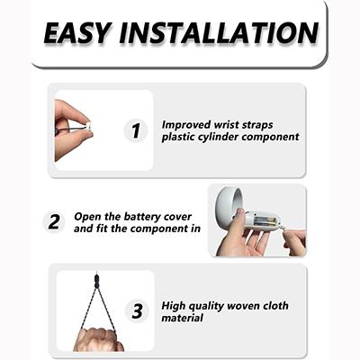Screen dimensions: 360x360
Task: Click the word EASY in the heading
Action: click(x=76, y=33)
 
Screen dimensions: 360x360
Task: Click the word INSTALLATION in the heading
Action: click(x=219, y=33)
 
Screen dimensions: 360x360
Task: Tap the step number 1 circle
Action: click(x=136, y=130)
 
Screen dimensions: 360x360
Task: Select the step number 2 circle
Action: click(x=54, y=222)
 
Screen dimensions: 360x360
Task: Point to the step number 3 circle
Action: click(x=137, y=310)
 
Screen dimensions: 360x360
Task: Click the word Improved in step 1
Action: click(x=186, y=125)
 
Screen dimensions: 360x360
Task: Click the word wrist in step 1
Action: click(x=226, y=124)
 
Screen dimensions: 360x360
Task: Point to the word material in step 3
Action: click(x=183, y=318)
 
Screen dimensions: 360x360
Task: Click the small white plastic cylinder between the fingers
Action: click(x=88, y=126)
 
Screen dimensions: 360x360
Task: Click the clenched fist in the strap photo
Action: click(x=96, y=339)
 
